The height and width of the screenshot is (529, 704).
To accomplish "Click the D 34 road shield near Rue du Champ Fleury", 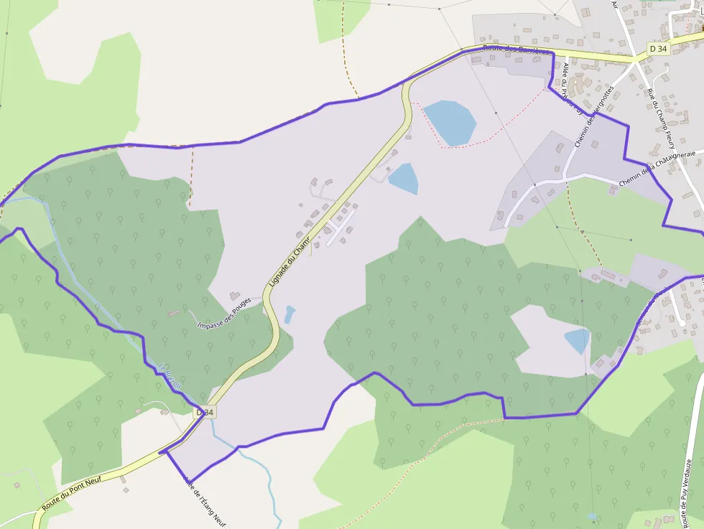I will point(657,48).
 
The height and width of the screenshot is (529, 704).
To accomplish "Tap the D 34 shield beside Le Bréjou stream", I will point(205,413).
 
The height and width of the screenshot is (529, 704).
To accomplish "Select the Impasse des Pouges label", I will point(224,312).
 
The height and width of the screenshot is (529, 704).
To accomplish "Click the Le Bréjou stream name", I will point(170,378).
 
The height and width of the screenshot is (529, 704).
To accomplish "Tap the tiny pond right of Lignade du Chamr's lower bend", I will point(290,314).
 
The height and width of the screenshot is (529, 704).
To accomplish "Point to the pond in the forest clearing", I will point(577,340).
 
